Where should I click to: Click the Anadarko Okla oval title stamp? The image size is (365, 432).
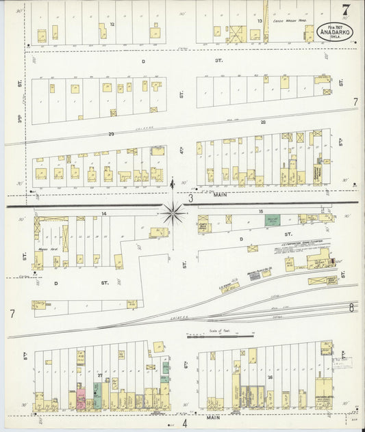coord(332,32)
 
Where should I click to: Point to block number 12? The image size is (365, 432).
coord(111,24)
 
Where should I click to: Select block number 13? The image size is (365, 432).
coord(260,21)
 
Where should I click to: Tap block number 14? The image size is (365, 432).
coord(104,214)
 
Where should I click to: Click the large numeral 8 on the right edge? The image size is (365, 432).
coord(351,308)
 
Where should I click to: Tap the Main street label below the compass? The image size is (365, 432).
coord(219,194)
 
